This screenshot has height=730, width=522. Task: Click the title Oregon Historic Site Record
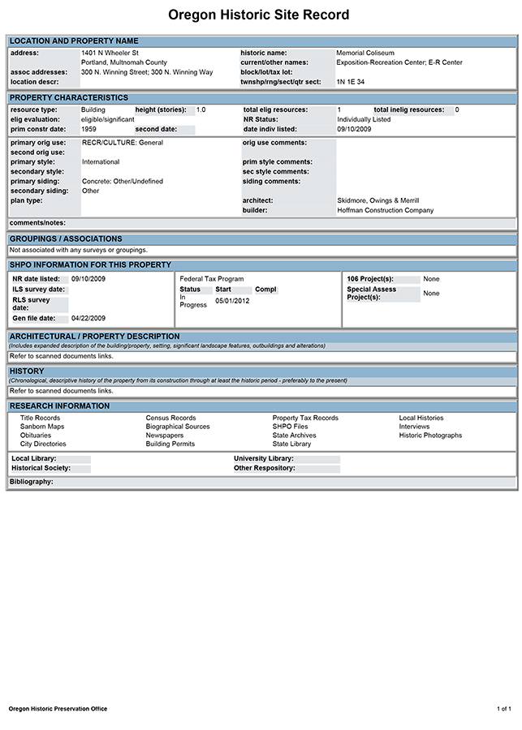(x=259, y=15)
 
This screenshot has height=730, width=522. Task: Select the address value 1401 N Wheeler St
(x=110, y=53)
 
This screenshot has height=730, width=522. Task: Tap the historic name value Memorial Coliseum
(x=365, y=53)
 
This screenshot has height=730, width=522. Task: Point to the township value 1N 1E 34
(x=351, y=82)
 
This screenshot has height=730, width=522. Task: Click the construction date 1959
(x=89, y=129)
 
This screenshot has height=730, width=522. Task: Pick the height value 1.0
(x=201, y=109)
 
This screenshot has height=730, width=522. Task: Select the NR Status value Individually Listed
(x=365, y=119)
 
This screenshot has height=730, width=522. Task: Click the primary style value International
(x=101, y=162)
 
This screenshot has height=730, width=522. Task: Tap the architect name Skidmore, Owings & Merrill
(x=377, y=200)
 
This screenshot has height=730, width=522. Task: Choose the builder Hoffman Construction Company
(x=385, y=210)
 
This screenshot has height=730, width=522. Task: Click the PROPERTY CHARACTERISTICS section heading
(x=68, y=98)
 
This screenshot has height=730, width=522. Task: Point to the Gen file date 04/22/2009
(x=88, y=318)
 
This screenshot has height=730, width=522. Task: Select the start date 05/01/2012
(x=232, y=301)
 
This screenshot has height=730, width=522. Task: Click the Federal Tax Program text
(x=211, y=279)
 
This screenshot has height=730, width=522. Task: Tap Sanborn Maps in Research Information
(x=42, y=427)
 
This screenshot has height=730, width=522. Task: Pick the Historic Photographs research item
(x=430, y=436)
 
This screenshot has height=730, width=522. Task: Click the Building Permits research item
(x=170, y=444)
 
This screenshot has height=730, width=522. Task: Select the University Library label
(x=263, y=458)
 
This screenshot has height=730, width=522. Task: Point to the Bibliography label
(x=31, y=482)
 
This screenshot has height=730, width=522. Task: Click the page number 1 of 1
(x=503, y=709)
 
